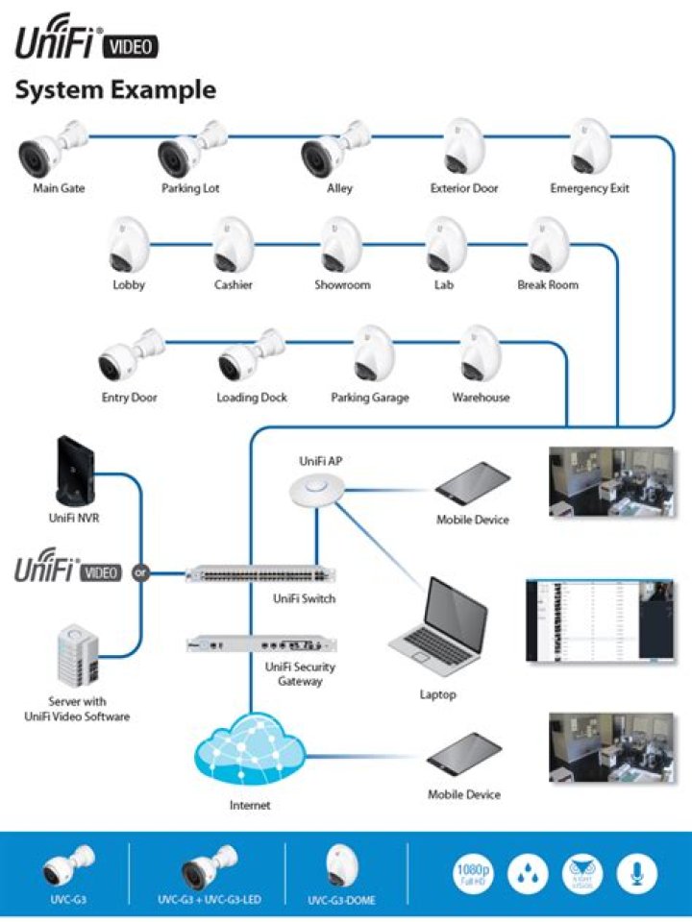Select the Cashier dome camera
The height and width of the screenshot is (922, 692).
232,245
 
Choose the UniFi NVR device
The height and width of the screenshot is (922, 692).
75,471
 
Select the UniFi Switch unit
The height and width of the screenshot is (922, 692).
260,573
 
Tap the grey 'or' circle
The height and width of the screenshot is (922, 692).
142,573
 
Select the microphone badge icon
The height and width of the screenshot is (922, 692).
636,873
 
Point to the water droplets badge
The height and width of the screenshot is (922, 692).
527,873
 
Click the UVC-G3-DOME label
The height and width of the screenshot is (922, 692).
341,901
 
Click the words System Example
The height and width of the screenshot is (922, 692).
114,91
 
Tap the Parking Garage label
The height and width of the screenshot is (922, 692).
370,397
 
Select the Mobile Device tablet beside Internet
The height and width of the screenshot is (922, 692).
464,754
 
